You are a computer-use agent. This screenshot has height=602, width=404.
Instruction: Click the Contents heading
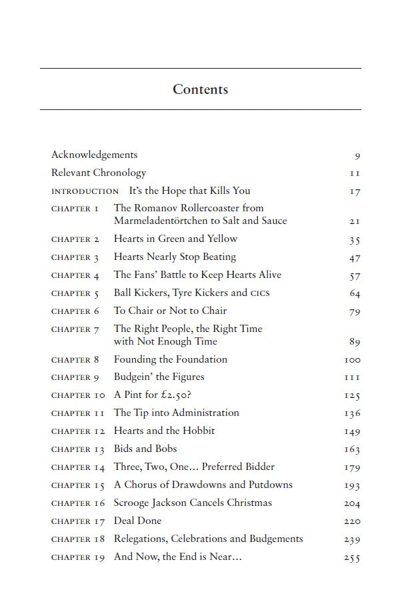[200, 89]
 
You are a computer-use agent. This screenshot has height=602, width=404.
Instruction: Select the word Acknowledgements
[94, 155]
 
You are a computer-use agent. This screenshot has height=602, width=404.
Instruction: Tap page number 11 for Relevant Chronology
[355, 173]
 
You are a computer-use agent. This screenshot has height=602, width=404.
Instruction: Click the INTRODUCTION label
[85, 191]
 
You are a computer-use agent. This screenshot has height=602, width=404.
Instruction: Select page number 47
[354, 258]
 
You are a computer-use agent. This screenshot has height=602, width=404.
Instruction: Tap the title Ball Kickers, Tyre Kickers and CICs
[191, 293]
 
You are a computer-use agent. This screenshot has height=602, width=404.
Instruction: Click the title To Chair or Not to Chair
[170, 311]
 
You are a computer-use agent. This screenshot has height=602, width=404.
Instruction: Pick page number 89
[354, 342]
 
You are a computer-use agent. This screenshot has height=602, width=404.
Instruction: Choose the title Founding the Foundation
[170, 359]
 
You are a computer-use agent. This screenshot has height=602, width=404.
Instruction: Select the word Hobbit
[197, 431]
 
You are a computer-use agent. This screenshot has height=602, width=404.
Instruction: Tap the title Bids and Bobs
[145, 449]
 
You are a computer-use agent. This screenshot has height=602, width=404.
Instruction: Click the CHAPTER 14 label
[78, 467]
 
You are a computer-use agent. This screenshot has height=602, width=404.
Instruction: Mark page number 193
[352, 486]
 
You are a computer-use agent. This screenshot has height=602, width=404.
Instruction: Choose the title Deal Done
[137, 521]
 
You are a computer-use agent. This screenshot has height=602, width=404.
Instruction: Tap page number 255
[352, 558]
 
